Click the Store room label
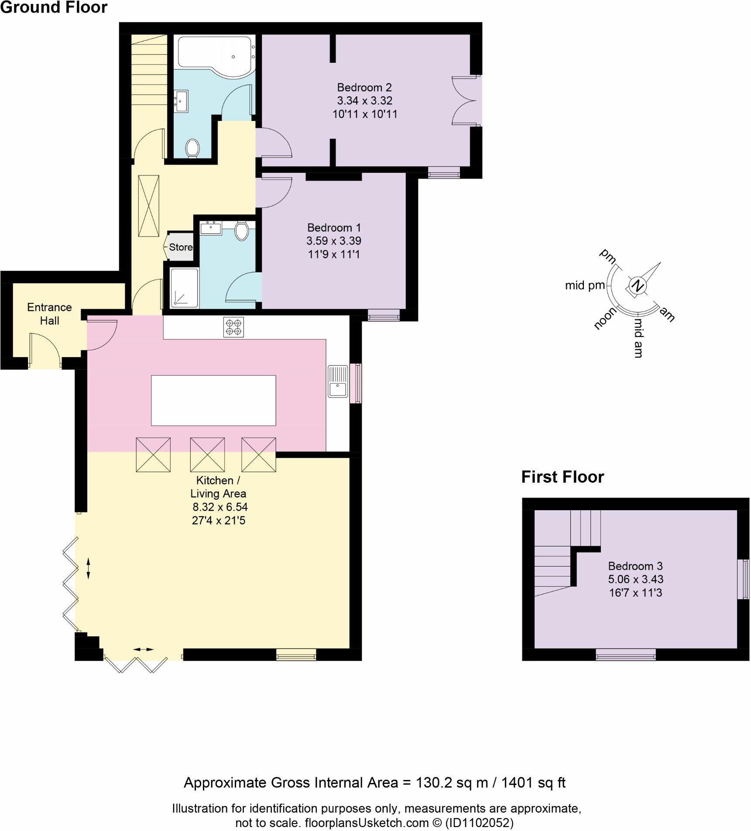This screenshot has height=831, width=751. coord(181,247)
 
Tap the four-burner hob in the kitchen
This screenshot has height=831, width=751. coord(233,327)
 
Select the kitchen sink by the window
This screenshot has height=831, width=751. coord(338,381)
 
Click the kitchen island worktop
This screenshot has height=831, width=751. coord(213,400)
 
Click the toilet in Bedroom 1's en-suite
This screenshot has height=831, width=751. coord(241,231)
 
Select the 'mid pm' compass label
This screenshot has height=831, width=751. coord(585,285)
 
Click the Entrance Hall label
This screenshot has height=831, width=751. coord(49,314)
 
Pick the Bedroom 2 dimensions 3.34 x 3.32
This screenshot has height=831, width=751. coord(364,101)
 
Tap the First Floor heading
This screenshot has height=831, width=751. coord(562,477)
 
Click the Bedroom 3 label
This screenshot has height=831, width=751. coord(635,566)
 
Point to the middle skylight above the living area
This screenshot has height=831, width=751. coord(207,454)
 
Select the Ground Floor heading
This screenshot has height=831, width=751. coord(54,7)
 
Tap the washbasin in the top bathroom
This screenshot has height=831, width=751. coord(181,101)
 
